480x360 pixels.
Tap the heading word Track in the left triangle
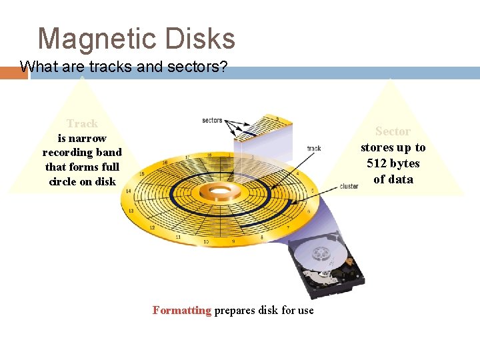pos(82,123)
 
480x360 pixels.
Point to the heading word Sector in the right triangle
pos(393,131)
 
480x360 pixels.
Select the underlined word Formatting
pos(181,310)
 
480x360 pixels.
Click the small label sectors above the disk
pos(212,120)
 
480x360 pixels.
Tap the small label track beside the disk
pos(313,148)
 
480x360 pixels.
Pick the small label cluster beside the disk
pos(349,186)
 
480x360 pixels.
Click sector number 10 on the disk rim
pos(206,241)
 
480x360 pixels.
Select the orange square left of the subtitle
pos(13,73)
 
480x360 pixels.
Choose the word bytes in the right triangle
pos(405,163)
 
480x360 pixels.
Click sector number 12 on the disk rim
pos(152,227)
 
